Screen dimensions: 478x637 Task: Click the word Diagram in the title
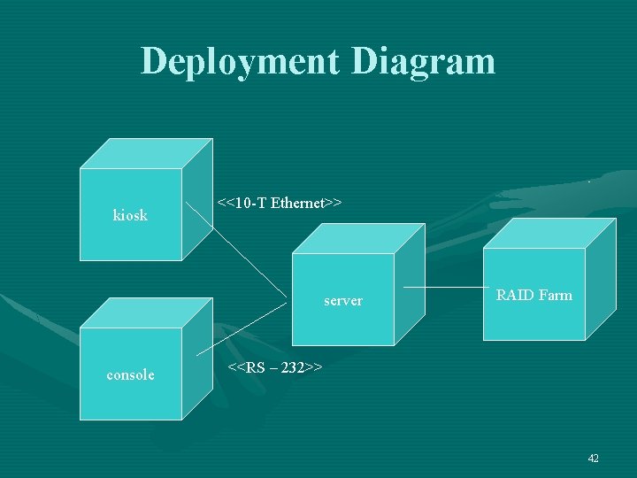tap(423, 62)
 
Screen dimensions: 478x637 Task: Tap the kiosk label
tap(130, 215)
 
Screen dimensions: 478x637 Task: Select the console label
tap(130, 374)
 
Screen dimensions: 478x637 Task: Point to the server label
tap(342, 301)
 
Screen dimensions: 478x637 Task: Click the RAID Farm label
tap(533, 295)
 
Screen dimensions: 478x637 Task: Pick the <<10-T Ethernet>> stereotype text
tap(280, 204)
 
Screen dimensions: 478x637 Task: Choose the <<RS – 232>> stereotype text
tap(275, 366)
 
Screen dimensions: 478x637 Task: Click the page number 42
tap(593, 458)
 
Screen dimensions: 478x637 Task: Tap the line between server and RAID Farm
tap(442, 288)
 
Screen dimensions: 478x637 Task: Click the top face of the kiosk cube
tap(146, 153)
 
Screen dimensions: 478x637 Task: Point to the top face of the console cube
tap(146, 312)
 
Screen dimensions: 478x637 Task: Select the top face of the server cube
tap(358, 238)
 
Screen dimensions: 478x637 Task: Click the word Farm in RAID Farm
tap(555, 295)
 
